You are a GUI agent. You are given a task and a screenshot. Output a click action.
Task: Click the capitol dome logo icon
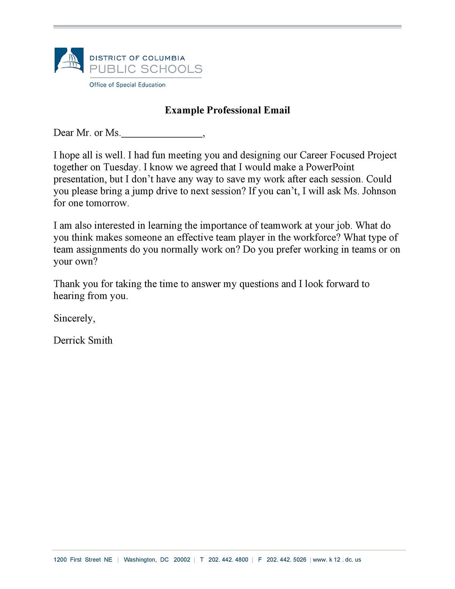pyautogui.click(x=69, y=61)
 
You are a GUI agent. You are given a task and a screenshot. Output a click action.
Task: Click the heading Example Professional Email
pyautogui.click(x=227, y=110)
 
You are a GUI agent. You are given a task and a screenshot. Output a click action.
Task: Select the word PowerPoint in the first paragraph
pyautogui.click(x=330, y=167)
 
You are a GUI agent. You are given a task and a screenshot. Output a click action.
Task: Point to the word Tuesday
pyautogui.click(x=121, y=167)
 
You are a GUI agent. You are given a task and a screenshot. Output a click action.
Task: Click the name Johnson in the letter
pyautogui.click(x=379, y=191)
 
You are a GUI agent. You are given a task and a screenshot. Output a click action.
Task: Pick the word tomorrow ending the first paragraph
pyautogui.click(x=107, y=203)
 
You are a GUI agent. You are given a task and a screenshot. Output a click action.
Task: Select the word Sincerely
pyautogui.click(x=74, y=318)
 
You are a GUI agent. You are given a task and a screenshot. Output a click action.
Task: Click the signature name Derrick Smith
pyautogui.click(x=83, y=340)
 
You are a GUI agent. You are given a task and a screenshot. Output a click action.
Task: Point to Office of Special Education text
pyautogui.click(x=127, y=85)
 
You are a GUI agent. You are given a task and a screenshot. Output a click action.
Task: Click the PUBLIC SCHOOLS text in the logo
pyautogui.click(x=146, y=69)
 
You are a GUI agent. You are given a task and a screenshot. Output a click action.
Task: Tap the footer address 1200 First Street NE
pyautogui.click(x=83, y=560)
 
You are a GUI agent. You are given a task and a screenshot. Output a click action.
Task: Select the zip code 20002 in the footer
pyautogui.click(x=182, y=560)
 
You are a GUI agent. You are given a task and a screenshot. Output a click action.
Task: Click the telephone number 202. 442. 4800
pyautogui.click(x=228, y=560)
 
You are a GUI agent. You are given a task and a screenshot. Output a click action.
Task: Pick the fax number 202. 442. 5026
pyautogui.click(x=286, y=560)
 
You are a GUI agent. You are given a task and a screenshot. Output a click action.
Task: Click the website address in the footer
pyautogui.click(x=337, y=560)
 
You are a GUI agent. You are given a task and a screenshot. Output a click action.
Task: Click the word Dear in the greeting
pyautogui.click(x=63, y=133)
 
